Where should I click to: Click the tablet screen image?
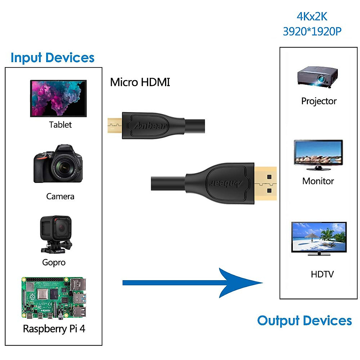(58, 98)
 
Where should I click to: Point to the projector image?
(318, 77)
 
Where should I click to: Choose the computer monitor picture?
(318, 155)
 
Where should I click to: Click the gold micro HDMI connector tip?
(114, 126)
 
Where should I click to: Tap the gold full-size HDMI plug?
(265, 183)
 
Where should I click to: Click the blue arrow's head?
(240, 283)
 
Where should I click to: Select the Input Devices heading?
(52, 58)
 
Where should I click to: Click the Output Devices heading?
(304, 321)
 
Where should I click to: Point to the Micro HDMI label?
(140, 82)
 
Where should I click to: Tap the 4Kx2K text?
(312, 16)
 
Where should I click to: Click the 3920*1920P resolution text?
(312, 31)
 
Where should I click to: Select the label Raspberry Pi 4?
(54, 329)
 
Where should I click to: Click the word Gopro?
(54, 262)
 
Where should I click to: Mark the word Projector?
(319, 101)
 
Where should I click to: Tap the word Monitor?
(318, 181)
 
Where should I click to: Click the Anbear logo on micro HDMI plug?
(150, 126)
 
